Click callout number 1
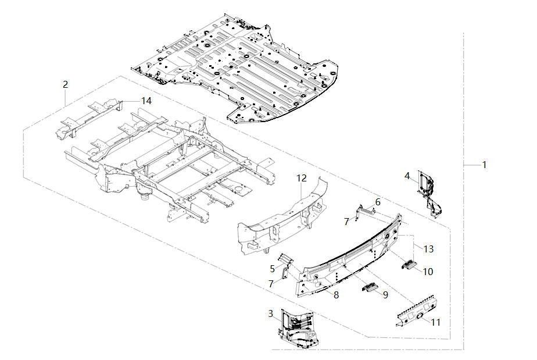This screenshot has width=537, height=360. pyautogui.click(x=484, y=165)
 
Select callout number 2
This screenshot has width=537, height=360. pyautogui.click(x=65, y=84)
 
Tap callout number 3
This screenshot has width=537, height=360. pyautogui.click(x=270, y=313)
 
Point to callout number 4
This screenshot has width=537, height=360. pyautogui.click(x=407, y=175)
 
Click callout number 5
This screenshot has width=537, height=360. pyautogui.click(x=272, y=268)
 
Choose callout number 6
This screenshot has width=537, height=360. pyautogui.click(x=378, y=202)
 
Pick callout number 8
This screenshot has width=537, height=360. pyautogui.click(x=336, y=295)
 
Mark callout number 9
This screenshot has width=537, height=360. pyautogui.click(x=385, y=295)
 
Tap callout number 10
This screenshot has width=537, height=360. pyautogui.click(x=428, y=271)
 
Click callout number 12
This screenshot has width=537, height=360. pyautogui.click(x=301, y=177)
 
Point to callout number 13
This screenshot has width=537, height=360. pyautogui.click(x=428, y=249)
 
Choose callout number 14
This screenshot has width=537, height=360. pyautogui.click(x=146, y=101)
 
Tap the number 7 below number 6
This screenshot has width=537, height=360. pyautogui.click(x=346, y=222)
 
